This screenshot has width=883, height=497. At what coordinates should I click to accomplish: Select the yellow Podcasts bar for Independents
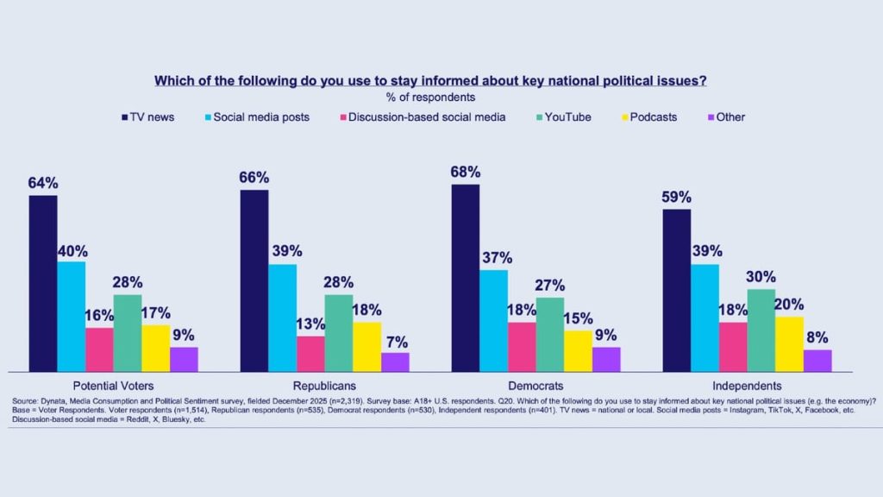coord(789,343)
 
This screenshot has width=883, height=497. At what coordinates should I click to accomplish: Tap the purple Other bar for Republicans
coord(395,362)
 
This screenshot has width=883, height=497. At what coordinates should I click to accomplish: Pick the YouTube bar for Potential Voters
coord(128,333)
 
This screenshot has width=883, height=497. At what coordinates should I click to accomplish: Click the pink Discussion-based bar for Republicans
coord(310,354)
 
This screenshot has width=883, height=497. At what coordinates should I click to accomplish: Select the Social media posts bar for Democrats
coord(493,320)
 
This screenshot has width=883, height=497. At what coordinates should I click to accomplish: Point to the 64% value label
coord(43,183)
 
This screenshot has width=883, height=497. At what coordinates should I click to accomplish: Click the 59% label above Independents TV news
coord(677,197)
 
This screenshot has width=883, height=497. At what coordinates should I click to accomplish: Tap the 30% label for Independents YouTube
coord(761,277)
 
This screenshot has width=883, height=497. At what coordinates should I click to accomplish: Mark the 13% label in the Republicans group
coord(310,324)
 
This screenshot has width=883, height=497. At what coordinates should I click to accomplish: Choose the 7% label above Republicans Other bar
coord(395,341)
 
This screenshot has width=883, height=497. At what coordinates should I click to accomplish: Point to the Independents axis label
coord(747,386)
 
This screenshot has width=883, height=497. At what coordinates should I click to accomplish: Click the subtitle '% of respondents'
coord(430,97)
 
